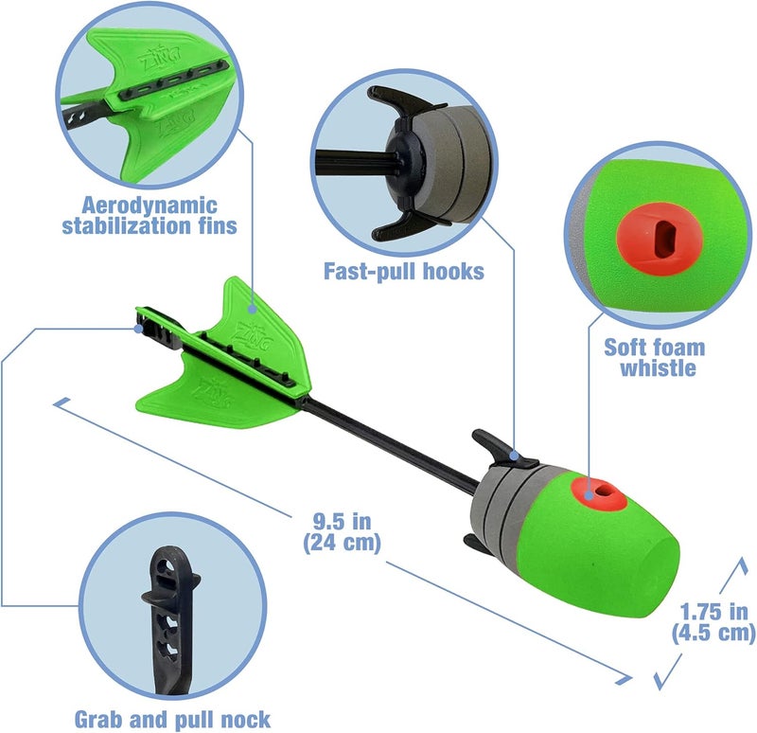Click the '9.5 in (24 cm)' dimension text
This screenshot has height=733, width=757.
[342, 531]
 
